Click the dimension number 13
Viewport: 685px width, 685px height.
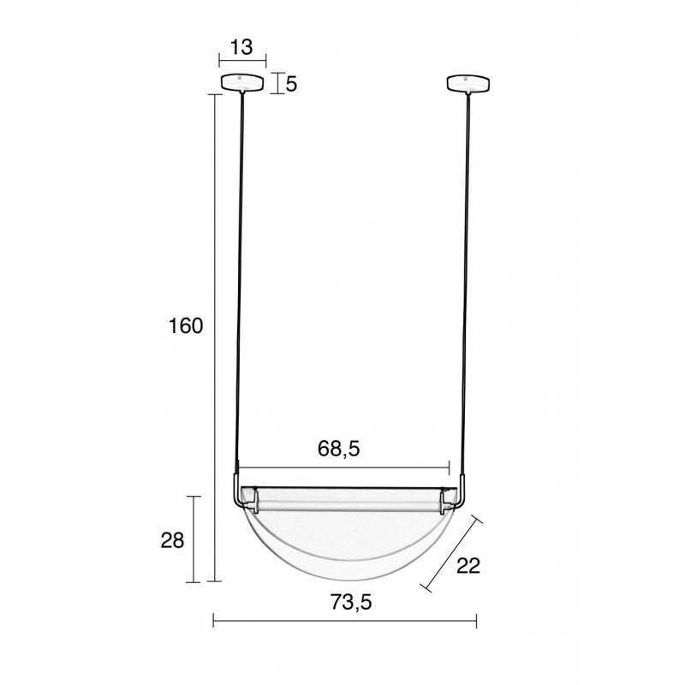[x=241, y=47]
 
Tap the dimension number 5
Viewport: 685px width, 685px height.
[x=291, y=84]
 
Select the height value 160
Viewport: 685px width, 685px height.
[x=186, y=326]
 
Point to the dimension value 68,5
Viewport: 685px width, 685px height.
[x=338, y=449]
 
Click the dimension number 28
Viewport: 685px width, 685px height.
[x=173, y=540]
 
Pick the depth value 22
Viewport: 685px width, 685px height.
[x=468, y=566]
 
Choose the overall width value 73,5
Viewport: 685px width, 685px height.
[x=351, y=603]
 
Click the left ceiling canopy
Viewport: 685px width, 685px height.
[x=242, y=83]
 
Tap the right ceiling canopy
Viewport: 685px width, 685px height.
[x=468, y=84]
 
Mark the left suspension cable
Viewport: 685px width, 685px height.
[x=241, y=284]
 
